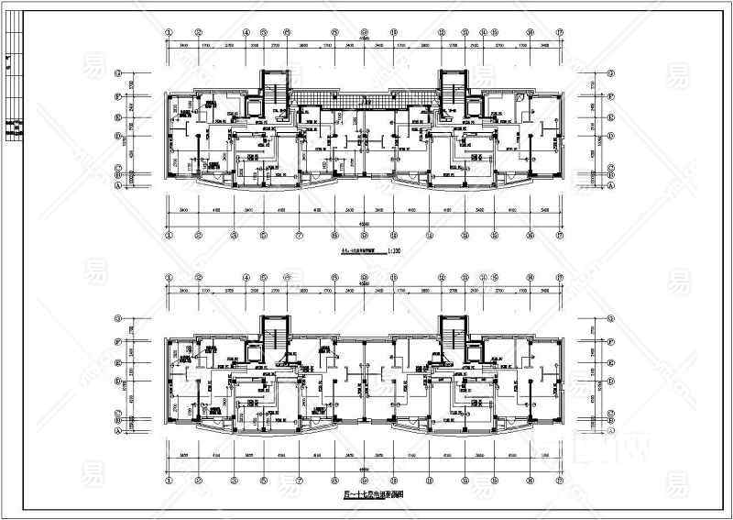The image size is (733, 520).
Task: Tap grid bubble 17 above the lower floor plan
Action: coord(558,275)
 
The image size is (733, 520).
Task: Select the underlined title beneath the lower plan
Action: coord(364,493)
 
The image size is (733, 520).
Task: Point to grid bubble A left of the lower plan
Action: coord(118,428)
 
